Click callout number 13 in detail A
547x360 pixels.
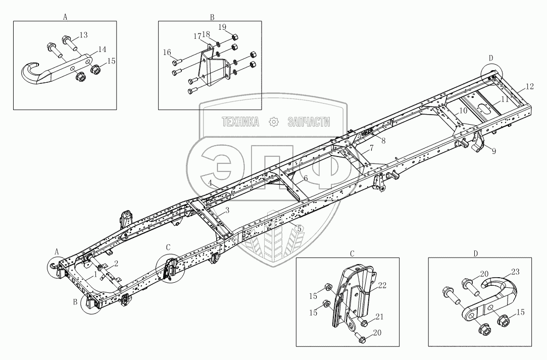coord(84,34)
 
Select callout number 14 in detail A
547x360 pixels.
coord(102,49)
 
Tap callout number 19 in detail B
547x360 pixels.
coord(222,26)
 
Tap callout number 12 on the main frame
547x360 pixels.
coord(529,86)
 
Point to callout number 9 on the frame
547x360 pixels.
coord(494,150)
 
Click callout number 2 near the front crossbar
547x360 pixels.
coord(116,263)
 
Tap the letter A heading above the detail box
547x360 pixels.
coord(65,17)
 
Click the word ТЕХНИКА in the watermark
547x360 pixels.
coord(240,122)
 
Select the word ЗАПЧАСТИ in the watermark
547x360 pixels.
coord(309,122)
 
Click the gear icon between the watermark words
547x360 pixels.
coord(274,122)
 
